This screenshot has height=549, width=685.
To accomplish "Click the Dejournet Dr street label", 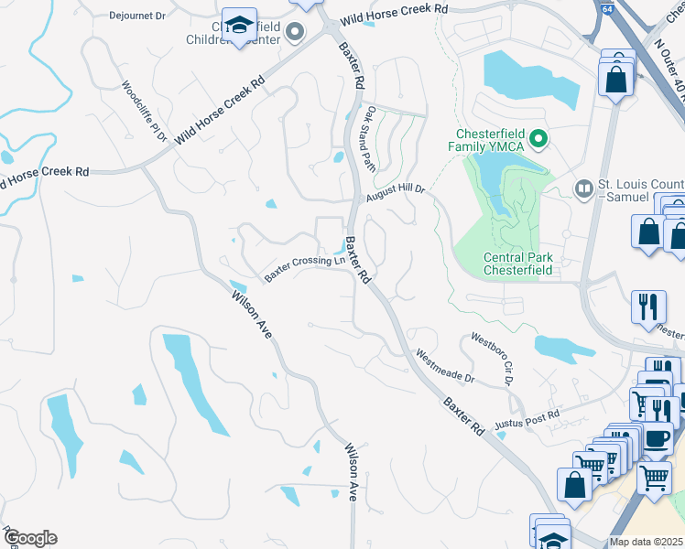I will tap(136, 16).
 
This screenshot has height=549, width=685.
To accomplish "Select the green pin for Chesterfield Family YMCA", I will tap(539, 139).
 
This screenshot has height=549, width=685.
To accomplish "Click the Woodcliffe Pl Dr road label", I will tap(142, 112).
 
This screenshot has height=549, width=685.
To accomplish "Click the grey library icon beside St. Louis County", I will tap(583, 188).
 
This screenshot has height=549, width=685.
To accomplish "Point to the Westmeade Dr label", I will tap(445, 365).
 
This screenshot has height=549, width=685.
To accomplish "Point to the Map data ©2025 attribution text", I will tap(647, 542).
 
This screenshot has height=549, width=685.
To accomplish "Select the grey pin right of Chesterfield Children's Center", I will tap(295, 34).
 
